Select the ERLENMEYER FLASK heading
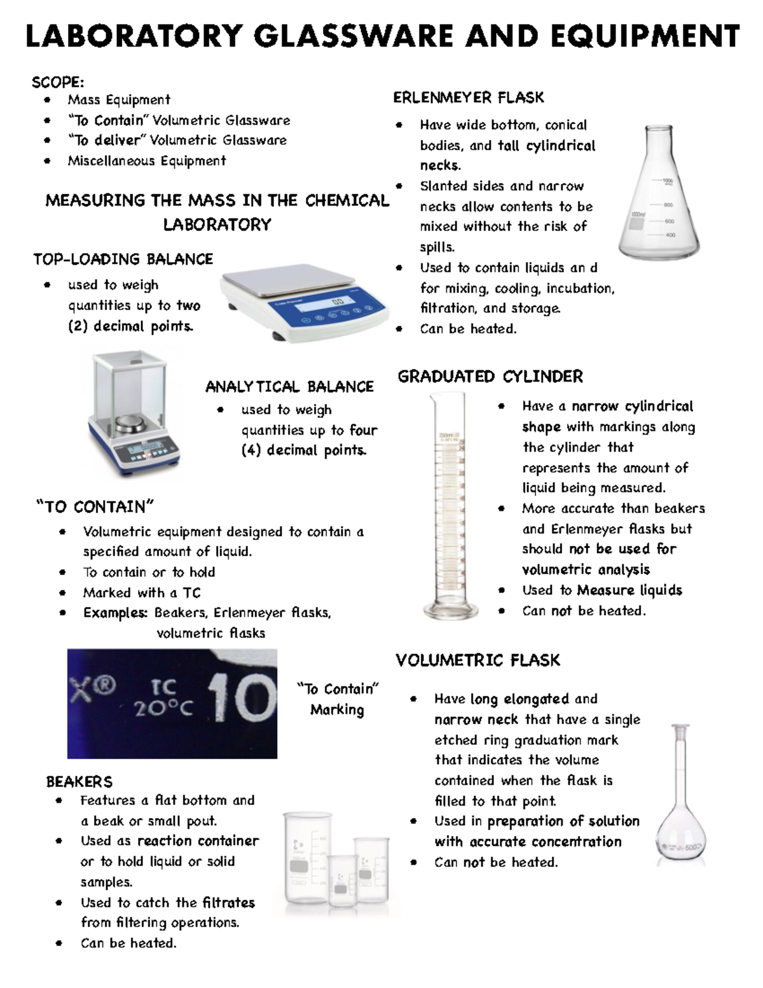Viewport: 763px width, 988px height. tap(469, 97)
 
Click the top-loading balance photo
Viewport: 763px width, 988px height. tap(304, 303)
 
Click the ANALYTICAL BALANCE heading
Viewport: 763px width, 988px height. tap(289, 387)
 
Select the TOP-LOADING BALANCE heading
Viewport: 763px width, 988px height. tap(123, 259)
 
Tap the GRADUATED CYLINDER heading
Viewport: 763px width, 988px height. tap(490, 377)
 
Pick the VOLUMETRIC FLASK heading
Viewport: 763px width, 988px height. tap(478, 660)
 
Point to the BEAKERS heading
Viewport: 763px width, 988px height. tap(79, 781)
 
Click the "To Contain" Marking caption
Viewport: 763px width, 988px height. tap(337, 699)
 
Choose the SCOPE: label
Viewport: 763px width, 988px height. tap(58, 83)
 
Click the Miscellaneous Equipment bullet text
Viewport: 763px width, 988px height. tap(147, 160)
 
